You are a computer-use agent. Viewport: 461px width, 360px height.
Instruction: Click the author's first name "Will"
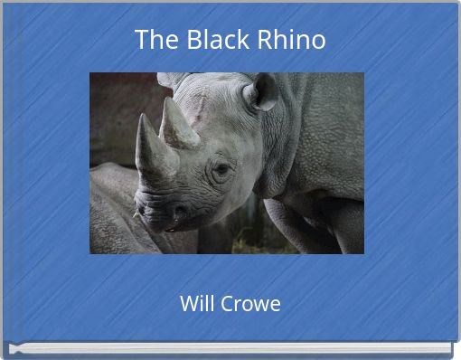tap(196, 303)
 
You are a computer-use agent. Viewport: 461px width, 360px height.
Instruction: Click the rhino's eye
tap(221, 168)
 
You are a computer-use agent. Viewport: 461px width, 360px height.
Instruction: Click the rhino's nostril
tap(177, 214)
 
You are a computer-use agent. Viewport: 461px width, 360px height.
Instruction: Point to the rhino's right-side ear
tap(262, 91)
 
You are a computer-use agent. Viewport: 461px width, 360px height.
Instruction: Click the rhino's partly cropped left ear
tap(169, 80)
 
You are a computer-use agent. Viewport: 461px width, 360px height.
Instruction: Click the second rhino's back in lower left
tap(113, 194)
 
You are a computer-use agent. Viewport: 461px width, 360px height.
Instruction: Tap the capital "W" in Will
tap(187, 303)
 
